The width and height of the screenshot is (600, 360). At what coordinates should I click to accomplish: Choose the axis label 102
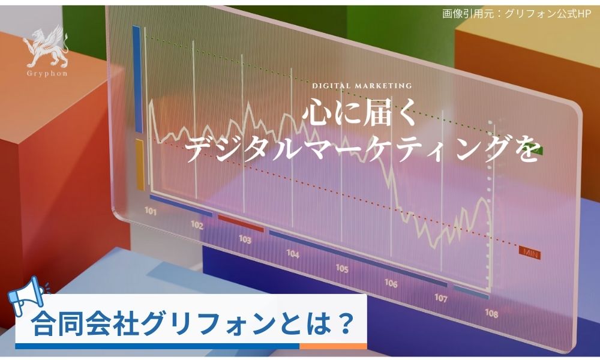[x=197, y=225]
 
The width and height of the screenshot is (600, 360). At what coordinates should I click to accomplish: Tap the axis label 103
[x=245, y=239]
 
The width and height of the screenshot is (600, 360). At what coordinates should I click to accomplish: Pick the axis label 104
[x=293, y=254]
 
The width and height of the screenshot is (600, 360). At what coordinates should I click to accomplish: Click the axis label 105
[x=342, y=268]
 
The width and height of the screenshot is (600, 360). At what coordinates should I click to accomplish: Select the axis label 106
[x=391, y=283]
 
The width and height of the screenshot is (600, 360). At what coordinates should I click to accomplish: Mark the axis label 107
[x=441, y=298]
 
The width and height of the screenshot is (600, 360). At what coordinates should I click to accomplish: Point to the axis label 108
[x=491, y=313]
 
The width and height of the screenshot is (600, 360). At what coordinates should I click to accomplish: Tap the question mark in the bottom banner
[x=344, y=325]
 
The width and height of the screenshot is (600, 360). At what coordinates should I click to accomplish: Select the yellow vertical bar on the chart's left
[x=139, y=164]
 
